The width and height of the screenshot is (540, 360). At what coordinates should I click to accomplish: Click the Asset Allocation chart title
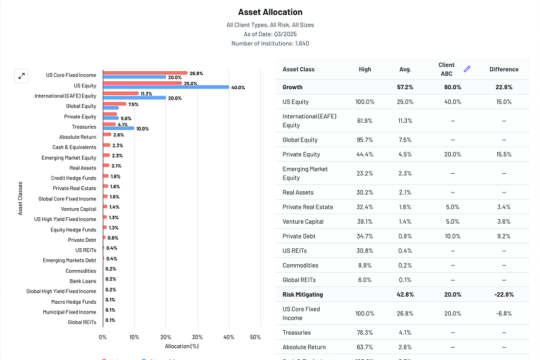pos(270,12)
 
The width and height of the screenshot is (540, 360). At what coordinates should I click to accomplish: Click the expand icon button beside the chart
pos(21,76)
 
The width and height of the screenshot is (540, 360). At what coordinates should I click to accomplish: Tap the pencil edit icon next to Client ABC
pos(467,69)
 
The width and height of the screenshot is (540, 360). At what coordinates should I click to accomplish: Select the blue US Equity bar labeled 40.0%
pos(166,87)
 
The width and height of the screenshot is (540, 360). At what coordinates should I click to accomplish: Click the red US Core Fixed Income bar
pos(145,73)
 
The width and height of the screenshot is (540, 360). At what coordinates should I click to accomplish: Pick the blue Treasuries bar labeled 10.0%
pos(119,128)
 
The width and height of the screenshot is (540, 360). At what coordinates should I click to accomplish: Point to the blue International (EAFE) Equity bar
pos(134,98)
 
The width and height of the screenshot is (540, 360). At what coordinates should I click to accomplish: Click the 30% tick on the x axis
pos(197,337)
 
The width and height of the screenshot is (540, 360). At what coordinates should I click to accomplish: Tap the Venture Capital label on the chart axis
pos(79,209)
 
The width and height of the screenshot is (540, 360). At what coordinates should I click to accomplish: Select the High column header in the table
pos(364,69)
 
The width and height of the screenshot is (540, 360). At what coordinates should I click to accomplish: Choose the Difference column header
pos(504,69)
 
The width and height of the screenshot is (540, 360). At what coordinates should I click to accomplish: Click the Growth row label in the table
pos(293,87)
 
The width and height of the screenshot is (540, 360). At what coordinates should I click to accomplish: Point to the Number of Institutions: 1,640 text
pos(269,43)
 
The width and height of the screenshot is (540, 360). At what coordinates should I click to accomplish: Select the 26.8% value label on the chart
pos(196,73)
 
